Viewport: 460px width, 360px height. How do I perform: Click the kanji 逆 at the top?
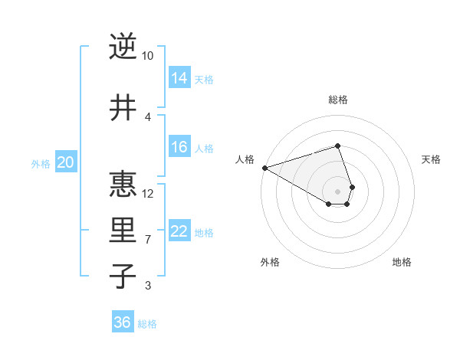click(x=122, y=47)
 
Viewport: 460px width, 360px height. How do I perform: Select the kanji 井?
click(x=122, y=108)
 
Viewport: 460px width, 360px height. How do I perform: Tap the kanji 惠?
click(x=122, y=184)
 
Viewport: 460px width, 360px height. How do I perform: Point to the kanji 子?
click(x=122, y=277)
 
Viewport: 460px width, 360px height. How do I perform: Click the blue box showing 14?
click(x=179, y=77)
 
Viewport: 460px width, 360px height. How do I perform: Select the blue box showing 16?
click(x=179, y=147)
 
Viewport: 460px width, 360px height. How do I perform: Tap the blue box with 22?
click(x=179, y=231)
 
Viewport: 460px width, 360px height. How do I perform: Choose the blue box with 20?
click(x=66, y=162)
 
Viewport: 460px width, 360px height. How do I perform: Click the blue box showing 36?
click(x=123, y=322)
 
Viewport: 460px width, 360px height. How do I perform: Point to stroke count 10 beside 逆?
click(x=148, y=56)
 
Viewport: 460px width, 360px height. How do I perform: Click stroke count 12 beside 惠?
click(x=148, y=193)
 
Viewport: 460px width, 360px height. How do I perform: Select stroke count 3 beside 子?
click(x=148, y=286)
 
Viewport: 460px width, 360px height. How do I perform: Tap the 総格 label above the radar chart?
click(x=338, y=100)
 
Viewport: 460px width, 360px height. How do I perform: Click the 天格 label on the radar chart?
click(x=431, y=159)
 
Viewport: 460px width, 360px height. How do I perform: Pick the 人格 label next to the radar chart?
click(x=245, y=159)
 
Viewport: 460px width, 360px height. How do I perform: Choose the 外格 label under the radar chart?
click(x=270, y=262)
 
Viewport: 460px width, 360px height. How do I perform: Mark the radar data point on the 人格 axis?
click(x=264, y=168)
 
